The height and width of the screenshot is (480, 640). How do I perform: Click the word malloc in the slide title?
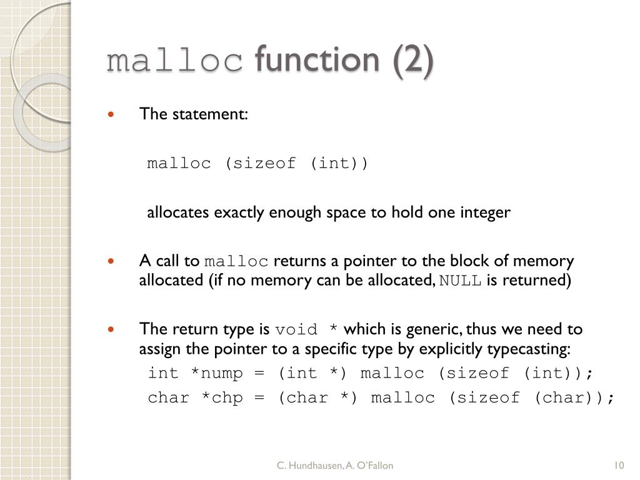tap(174, 61)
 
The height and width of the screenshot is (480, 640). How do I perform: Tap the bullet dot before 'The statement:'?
tap(111, 114)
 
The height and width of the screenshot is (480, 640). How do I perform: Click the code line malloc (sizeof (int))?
tap(258, 164)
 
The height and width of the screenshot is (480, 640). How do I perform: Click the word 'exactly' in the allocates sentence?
tap(240, 213)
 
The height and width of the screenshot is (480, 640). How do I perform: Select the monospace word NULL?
tap(460, 281)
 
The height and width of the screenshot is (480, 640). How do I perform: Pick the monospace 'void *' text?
tap(307, 329)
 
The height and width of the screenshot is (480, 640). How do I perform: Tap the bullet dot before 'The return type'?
tap(111, 329)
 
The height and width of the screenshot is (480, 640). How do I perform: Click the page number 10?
tap(619, 465)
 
